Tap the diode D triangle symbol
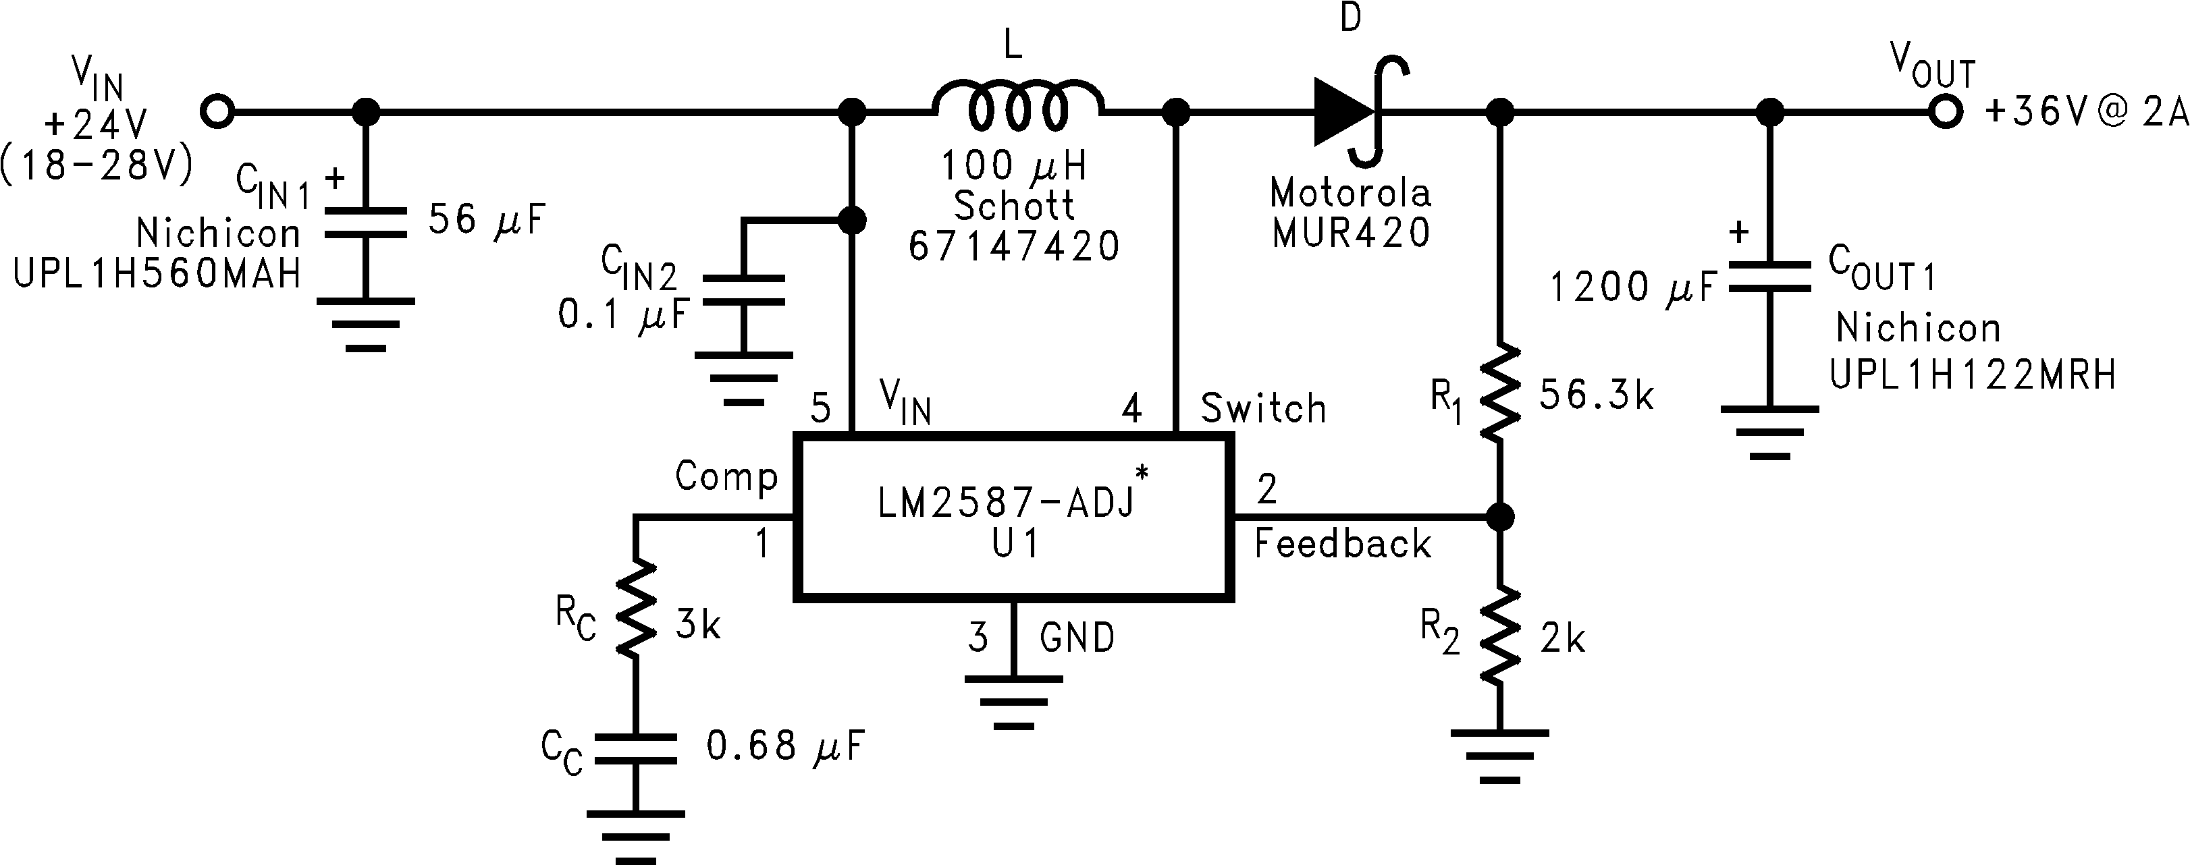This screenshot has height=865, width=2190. pos(1344,111)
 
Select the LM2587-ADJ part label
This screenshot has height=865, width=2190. pos(1007,503)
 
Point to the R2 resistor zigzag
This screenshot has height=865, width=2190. pos(1501,634)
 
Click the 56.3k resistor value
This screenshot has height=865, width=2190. pos(1597,396)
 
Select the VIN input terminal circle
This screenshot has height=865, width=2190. pos(217,111)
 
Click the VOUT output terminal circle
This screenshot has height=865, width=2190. pos(1945,111)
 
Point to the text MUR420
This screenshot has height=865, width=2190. pos(1351,232)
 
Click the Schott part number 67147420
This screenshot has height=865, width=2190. pos(1014,246)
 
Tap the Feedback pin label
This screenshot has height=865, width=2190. pos(1342,544)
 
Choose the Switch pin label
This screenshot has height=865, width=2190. pos(1263,409)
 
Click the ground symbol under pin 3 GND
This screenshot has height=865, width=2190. pos(1013,702)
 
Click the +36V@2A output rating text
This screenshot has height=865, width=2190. pos(2086,113)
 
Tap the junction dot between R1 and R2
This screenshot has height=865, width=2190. pos(1501,515)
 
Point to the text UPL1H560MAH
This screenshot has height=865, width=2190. pos(157,274)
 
